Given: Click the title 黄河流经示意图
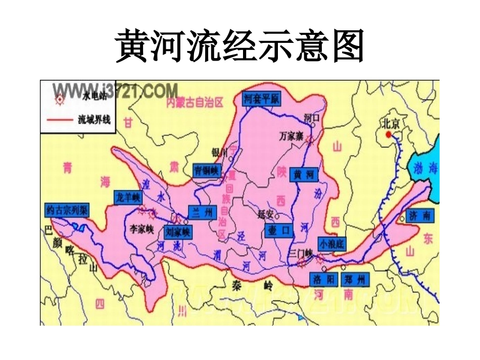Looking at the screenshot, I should tap(240, 46).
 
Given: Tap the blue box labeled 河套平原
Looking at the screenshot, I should tap(261, 98).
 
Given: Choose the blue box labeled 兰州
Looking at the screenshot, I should tap(202, 212).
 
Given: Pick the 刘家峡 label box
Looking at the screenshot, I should tap(177, 232).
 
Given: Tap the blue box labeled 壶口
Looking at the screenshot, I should tap(278, 230).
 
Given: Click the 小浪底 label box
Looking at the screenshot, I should tap(331, 244).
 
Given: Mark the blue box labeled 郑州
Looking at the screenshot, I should tap(355, 279).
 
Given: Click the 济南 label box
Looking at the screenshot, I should tap(420, 216).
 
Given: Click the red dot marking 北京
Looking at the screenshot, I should tap(388, 134).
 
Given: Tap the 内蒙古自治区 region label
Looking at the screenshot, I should tap(194, 104).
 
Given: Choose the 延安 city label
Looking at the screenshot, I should tap(265, 214).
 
